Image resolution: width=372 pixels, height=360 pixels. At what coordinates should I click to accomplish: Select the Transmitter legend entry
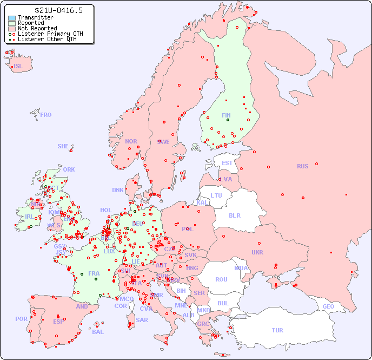click(36, 17)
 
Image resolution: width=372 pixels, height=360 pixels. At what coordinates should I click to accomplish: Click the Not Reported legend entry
click(37, 28)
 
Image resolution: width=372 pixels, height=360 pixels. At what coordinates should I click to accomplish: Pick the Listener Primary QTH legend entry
click(50, 34)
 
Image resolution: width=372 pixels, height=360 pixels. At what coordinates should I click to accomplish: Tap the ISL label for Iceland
click(18, 67)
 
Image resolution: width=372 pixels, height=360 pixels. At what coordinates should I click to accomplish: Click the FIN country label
click(226, 115)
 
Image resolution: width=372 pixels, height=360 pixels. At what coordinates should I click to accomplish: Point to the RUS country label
click(302, 166)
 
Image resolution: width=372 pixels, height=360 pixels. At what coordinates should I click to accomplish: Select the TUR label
click(277, 330)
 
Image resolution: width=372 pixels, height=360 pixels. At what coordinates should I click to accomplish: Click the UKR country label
click(257, 252)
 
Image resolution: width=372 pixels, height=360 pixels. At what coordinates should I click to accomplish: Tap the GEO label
click(328, 306)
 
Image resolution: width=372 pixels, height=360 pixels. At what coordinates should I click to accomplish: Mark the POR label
click(21, 319)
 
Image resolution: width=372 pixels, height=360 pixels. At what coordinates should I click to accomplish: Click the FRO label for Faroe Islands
click(46, 115)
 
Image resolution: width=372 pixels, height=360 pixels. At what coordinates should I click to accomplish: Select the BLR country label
click(234, 215)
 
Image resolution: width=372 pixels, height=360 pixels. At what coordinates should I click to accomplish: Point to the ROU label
click(221, 279)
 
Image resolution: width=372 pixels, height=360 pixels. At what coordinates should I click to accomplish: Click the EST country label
click(227, 163)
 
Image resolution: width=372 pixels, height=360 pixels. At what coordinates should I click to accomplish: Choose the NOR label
click(131, 141)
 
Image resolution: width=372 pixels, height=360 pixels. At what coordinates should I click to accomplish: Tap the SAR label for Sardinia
click(142, 320)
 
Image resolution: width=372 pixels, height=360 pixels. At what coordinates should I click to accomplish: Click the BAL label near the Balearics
click(98, 332)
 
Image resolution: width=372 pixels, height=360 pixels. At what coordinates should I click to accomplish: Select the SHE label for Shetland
click(63, 146)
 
